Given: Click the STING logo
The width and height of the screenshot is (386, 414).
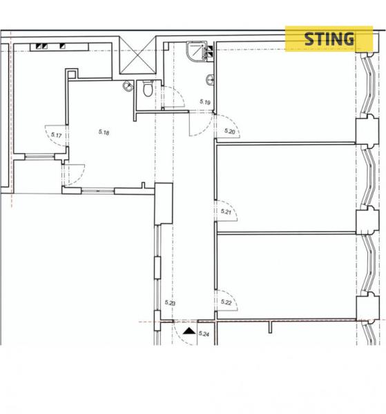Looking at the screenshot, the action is coord(329,39).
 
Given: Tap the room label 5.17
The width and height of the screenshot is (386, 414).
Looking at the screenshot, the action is coord(56,135).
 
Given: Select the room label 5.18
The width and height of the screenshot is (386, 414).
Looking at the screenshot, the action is coord(104,132).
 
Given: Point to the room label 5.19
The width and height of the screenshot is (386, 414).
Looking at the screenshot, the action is coord(205,101).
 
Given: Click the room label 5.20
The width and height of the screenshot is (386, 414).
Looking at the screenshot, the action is coord(229,131).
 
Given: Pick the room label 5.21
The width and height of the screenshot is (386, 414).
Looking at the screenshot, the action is coord(226,212).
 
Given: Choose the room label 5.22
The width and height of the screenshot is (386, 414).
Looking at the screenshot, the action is coord(226,302).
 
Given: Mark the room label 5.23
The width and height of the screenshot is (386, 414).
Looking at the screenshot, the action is coord(170,303).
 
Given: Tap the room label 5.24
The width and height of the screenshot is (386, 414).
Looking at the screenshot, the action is coord(204,334).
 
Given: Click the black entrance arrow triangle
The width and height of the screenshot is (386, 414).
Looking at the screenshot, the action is coord(189,331).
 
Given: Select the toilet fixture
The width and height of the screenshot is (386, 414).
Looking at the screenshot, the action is coord(148,88).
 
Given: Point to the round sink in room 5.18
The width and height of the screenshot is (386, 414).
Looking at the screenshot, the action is coord(128,86).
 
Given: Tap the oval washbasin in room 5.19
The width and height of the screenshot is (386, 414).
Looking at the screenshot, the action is coord(210,80).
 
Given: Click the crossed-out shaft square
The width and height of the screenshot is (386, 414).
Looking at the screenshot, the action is coord(137,55).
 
